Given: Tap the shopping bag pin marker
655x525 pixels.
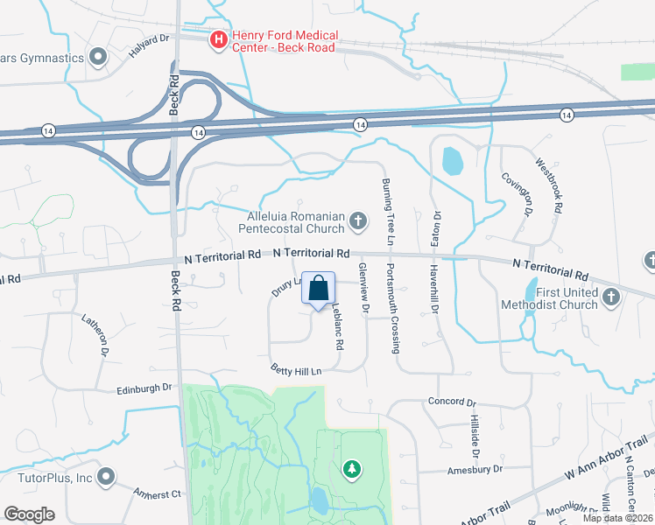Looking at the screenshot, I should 318,288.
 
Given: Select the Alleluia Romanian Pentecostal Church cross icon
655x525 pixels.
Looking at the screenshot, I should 357,221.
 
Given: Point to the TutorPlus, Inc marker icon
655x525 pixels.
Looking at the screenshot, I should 106,478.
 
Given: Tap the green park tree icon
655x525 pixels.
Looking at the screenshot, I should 351,469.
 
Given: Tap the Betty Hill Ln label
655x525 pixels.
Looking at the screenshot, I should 296,369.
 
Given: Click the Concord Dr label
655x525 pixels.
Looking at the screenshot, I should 452,402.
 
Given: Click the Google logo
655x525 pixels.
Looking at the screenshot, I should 29,514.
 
